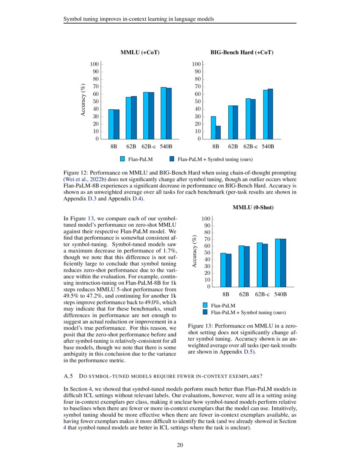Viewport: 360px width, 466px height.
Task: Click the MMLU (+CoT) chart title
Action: pos(140,53)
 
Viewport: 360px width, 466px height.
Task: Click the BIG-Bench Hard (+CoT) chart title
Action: pos(242,53)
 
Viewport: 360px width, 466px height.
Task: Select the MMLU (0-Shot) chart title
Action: pos(253,208)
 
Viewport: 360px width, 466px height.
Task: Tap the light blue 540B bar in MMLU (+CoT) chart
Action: pos(163,113)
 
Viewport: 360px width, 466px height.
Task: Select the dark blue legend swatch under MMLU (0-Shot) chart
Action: pos(205,312)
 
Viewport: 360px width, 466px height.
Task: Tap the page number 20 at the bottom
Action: pos(180,445)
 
